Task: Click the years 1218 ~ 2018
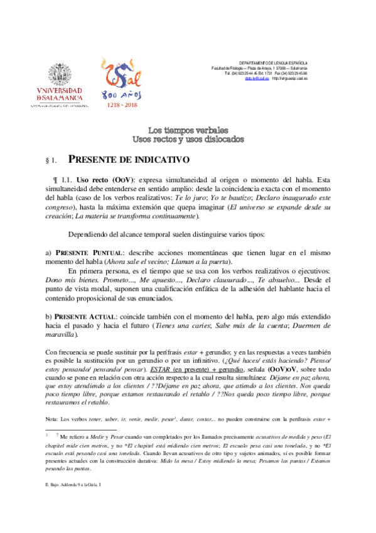pos(122,105)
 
